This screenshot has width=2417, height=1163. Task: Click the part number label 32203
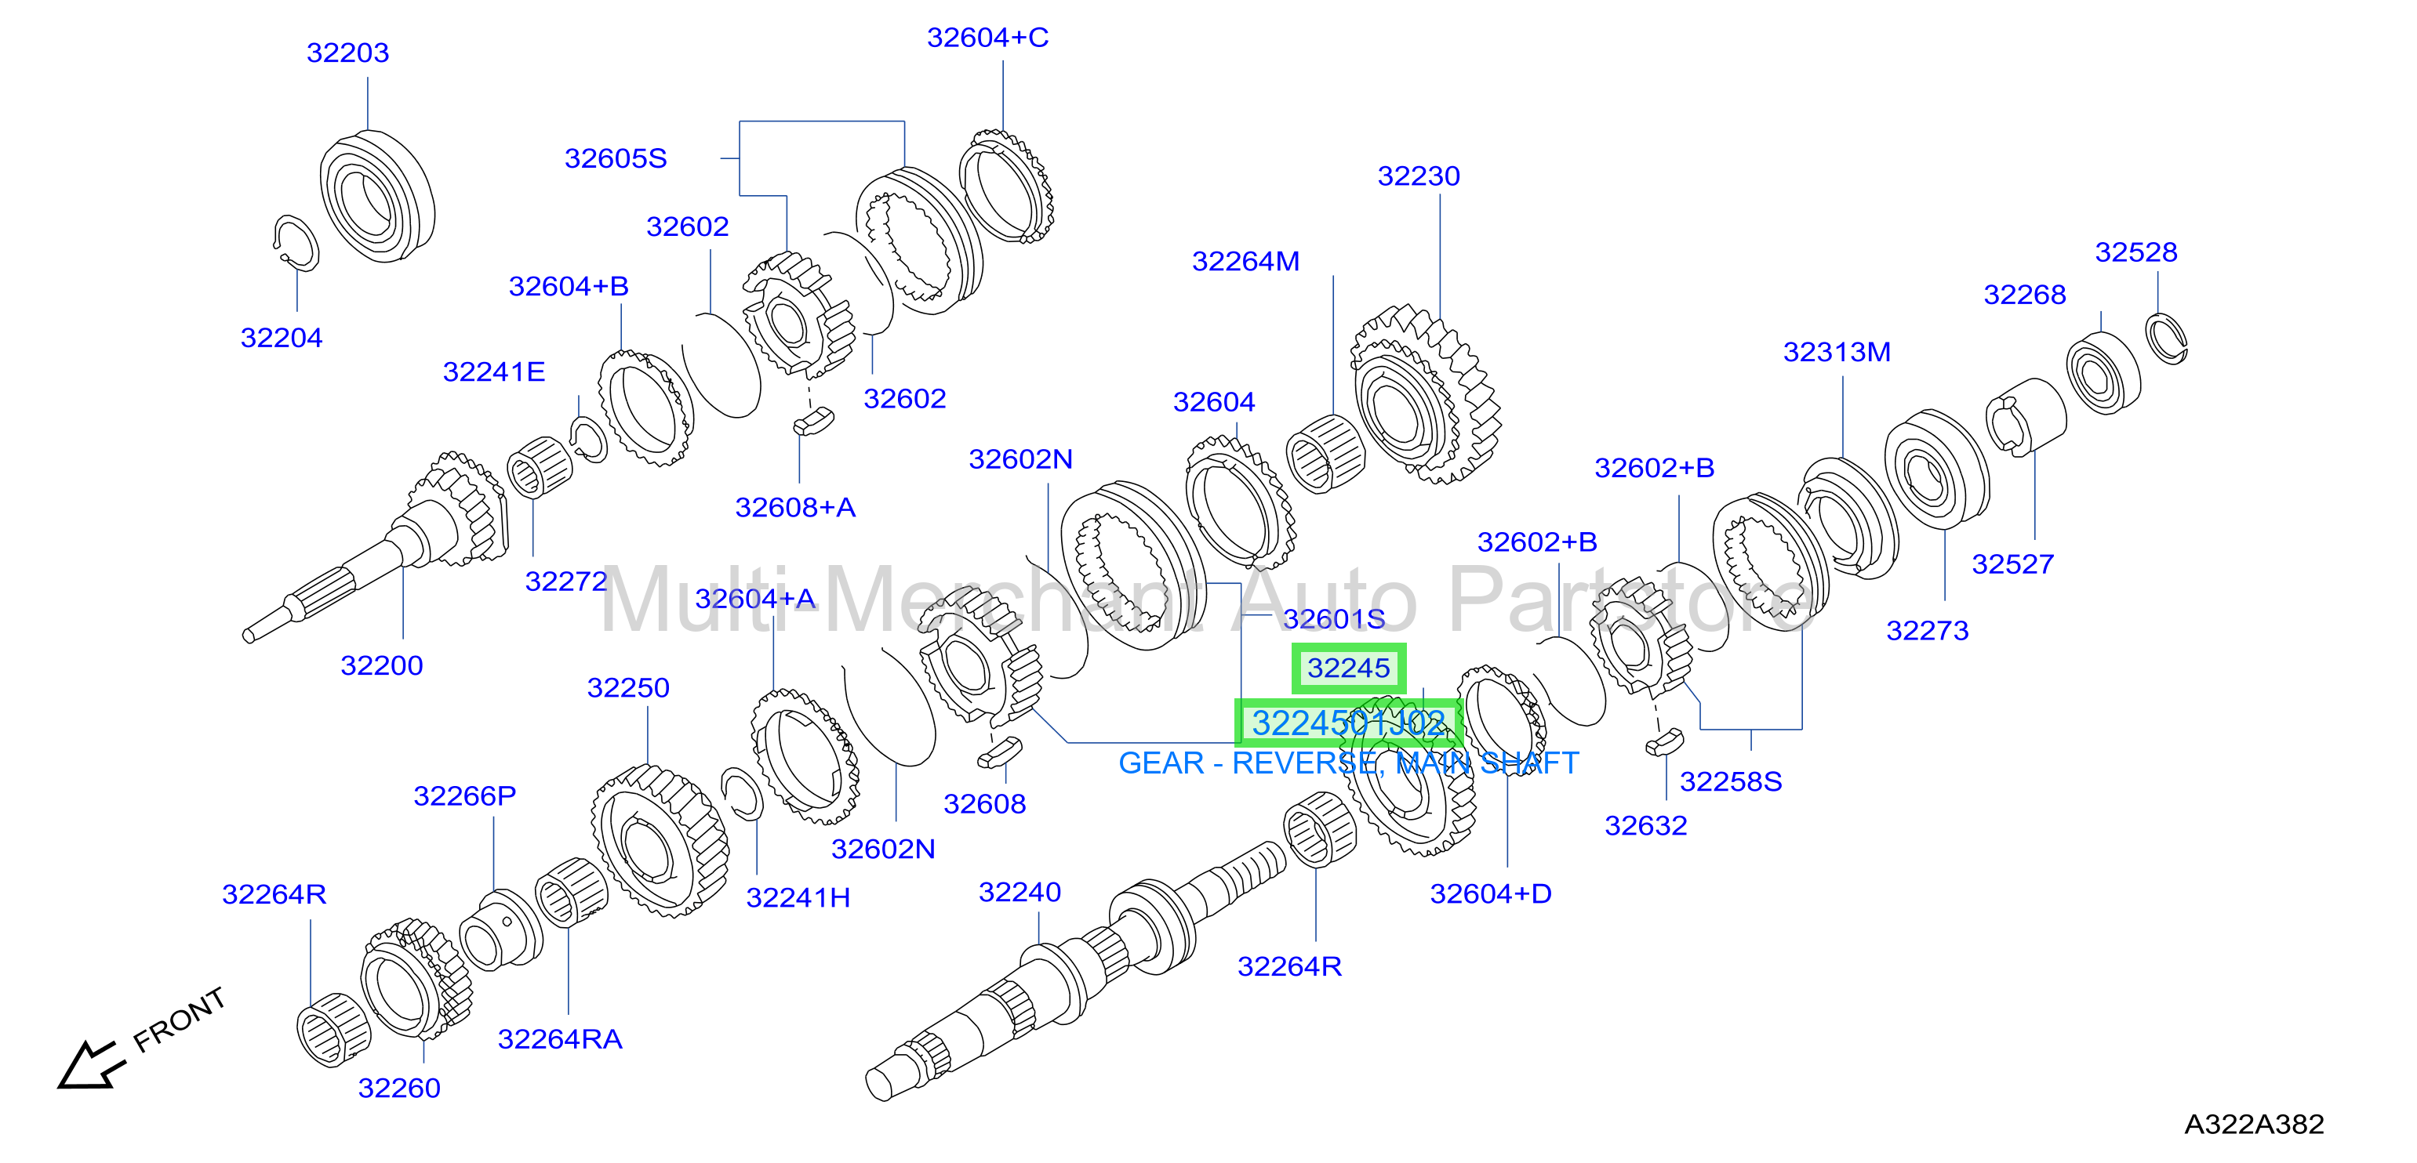pos(347,53)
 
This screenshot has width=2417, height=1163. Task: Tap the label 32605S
pos(616,158)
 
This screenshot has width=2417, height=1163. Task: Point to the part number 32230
pos(1418,176)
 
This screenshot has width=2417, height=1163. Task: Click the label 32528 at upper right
pos(2135,252)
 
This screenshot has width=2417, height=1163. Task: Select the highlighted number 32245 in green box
pos(1348,668)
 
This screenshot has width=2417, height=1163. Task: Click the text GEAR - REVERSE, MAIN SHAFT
pos(1348,763)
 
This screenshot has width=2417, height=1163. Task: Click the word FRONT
pos(180,1020)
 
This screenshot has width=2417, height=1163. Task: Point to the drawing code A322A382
pos(2254,1124)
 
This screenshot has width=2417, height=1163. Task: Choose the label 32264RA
pos(559,1039)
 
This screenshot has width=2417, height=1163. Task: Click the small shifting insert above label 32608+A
pos(813,420)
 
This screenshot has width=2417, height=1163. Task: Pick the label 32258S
pos(1730,781)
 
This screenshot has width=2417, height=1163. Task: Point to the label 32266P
pos(464,795)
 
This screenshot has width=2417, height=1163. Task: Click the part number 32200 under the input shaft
pos(381,665)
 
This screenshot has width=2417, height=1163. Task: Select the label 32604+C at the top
pos(987,38)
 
